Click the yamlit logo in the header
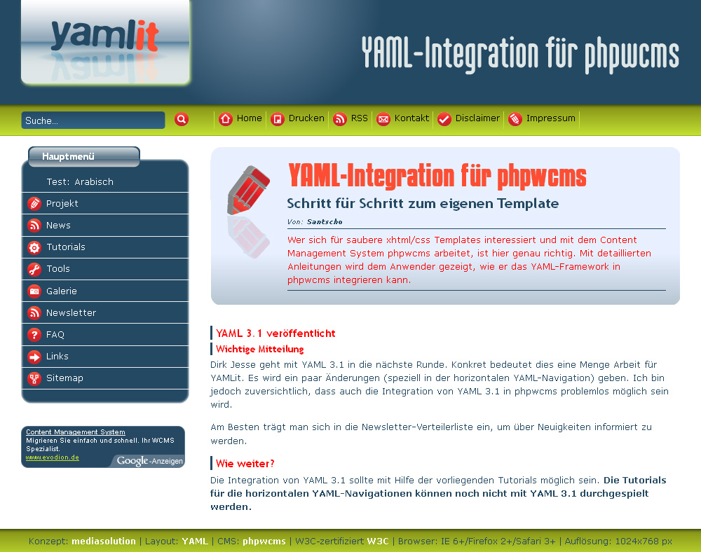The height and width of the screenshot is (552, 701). point(106,43)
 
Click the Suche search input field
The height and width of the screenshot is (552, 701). point(93,120)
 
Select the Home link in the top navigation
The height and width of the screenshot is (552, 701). point(240,119)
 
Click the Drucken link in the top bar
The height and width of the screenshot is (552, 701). point(297,119)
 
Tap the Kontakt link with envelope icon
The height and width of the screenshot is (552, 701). point(403,119)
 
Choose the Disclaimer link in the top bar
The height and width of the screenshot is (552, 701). point(468,119)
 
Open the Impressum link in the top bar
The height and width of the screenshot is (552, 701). point(542,119)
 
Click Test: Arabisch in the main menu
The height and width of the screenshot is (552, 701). point(80,181)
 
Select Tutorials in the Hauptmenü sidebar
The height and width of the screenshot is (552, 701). point(66,247)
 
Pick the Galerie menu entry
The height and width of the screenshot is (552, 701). point(62,291)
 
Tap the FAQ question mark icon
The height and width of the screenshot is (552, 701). point(34,335)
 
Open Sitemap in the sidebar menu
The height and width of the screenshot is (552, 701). point(64,378)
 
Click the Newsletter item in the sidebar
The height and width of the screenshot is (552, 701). point(71,313)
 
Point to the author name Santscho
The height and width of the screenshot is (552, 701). point(325,221)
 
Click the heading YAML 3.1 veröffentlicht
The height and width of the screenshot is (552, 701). point(275,333)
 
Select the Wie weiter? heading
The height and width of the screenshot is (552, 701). point(245,464)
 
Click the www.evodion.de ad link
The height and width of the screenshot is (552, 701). point(53,457)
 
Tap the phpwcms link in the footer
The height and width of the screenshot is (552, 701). point(264,541)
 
